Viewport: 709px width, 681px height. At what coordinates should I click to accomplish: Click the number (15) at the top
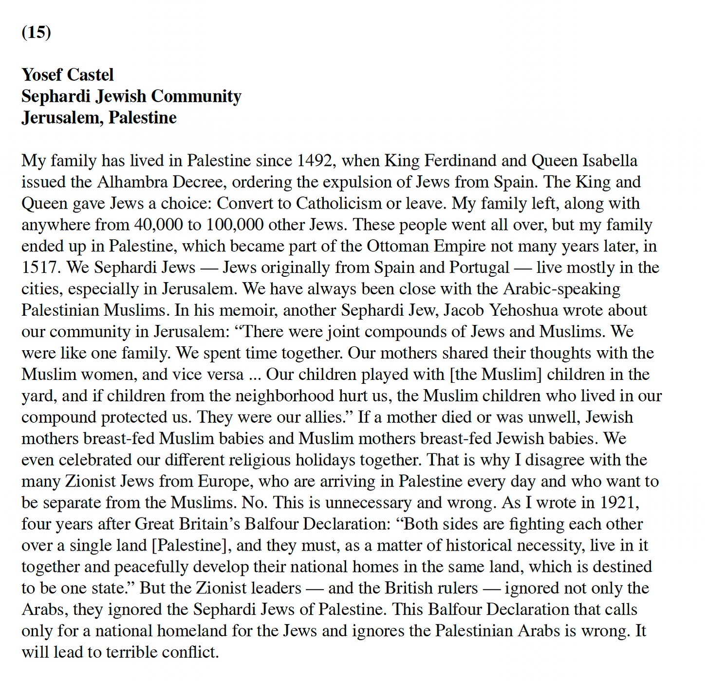(x=37, y=32)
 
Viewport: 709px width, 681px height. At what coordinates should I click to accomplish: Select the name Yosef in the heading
(x=42, y=75)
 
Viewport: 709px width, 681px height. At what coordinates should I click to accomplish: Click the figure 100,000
(x=235, y=225)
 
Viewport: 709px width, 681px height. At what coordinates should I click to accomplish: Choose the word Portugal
(x=479, y=268)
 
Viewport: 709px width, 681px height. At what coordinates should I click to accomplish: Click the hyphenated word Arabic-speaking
(x=561, y=289)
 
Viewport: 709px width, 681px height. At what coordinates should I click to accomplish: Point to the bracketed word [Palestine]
(x=191, y=546)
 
